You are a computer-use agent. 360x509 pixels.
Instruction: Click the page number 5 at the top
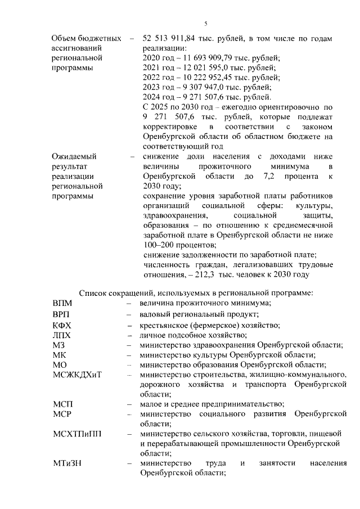tap(206, 23)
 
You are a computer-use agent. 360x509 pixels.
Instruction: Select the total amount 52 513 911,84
tap(173, 39)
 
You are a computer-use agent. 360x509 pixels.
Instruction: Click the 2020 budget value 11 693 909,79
tap(203, 58)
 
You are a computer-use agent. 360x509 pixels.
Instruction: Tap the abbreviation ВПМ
tap(62, 303)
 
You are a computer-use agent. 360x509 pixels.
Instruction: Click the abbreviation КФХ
tap(62, 326)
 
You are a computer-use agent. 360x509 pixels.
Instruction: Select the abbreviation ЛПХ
tap(61, 336)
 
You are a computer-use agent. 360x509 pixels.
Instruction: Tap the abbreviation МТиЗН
tap(67, 463)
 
